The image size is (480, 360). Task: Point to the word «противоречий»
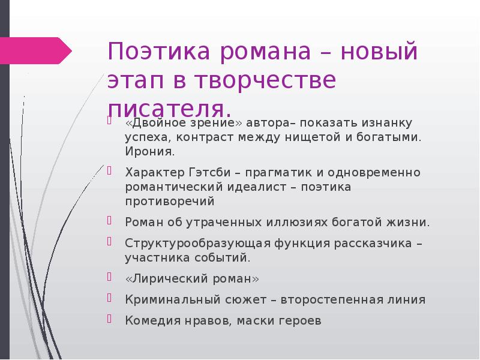tap(170, 202)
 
